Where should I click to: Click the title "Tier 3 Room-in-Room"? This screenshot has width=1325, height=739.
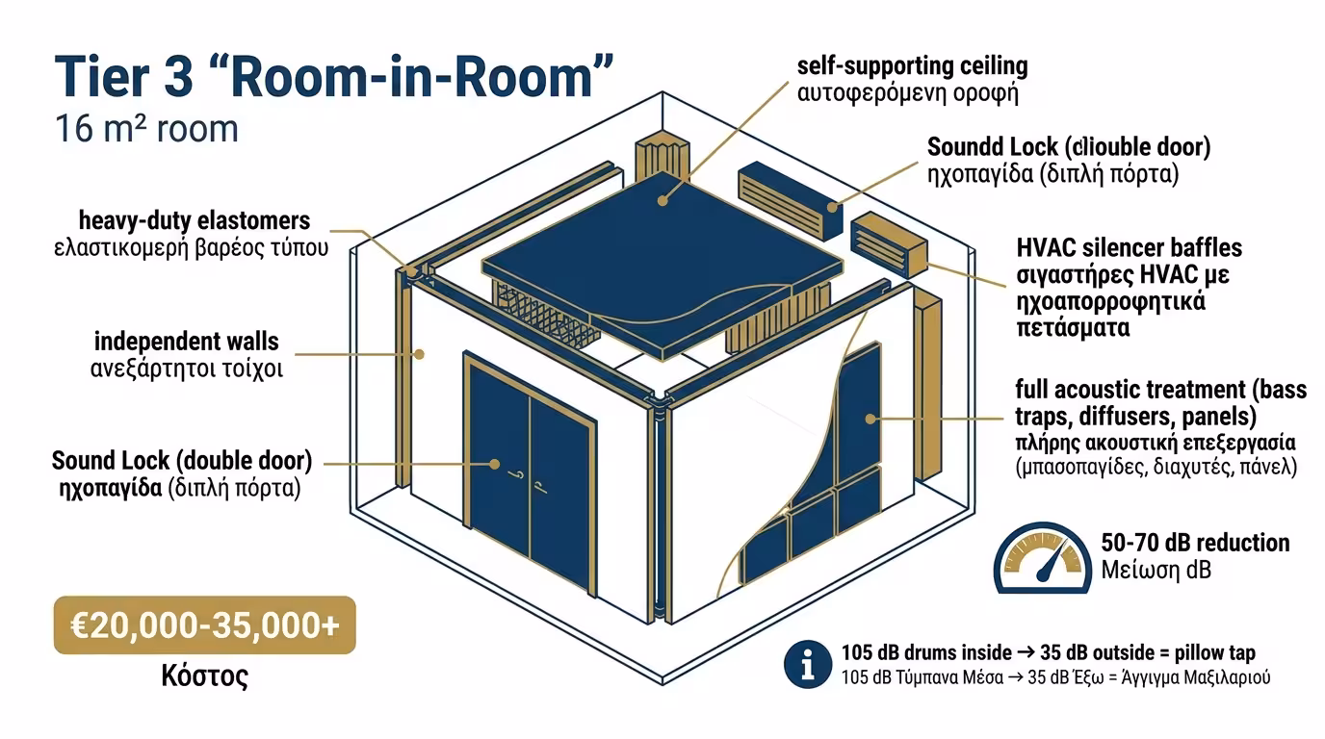coord(333,77)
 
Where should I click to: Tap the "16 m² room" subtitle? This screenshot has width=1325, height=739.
coord(146,128)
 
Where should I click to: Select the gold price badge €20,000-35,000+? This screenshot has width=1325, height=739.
coord(204,626)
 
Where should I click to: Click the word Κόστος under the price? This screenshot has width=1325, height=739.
coord(204,676)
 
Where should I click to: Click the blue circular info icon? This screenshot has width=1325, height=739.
coord(807,664)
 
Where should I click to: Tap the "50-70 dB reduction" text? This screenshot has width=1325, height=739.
coord(1194,543)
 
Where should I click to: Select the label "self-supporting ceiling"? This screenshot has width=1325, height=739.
coord(912,66)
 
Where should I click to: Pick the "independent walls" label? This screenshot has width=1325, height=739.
coord(187,341)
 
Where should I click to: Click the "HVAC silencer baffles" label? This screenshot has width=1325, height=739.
coord(1129,248)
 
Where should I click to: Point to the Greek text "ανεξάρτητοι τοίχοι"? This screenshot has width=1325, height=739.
coord(187,369)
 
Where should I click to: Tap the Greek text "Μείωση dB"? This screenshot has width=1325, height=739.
coord(1156,570)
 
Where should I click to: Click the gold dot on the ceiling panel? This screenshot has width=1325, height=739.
coord(662,201)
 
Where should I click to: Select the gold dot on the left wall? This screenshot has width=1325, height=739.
coord(419,354)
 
